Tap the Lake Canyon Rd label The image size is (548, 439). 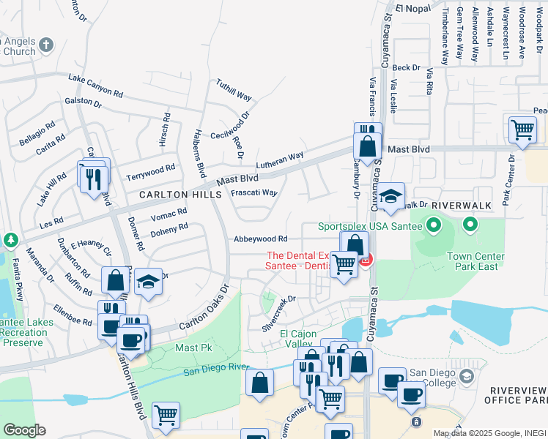[95, 85]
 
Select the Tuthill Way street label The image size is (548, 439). [234, 91]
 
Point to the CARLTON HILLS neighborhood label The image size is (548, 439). [180, 195]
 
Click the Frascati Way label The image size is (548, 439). [253, 193]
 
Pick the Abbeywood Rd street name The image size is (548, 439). [260, 239]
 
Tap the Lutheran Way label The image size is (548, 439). [279, 160]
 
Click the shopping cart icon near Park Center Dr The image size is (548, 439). [522, 130]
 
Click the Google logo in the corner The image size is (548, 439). [24, 430]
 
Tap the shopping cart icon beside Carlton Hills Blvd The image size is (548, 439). [166, 414]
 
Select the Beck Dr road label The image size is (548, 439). [406, 68]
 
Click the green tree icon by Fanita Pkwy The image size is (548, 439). [10, 240]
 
